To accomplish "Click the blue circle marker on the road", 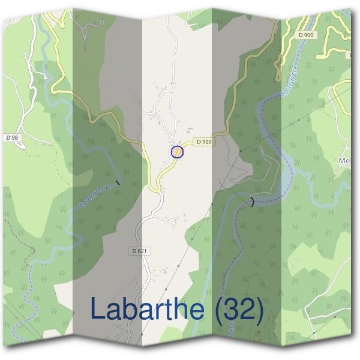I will click(x=177, y=152).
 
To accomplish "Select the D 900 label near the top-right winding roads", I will click(x=305, y=36).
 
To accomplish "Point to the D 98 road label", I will click(x=11, y=137).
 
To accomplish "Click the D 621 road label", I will click(x=137, y=250).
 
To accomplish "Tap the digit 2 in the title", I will click(x=248, y=309).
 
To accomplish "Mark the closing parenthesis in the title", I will click(x=259, y=310).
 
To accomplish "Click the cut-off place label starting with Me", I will click(x=345, y=160).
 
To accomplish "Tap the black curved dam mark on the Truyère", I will click(x=253, y=202).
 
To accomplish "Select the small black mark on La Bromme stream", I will click(x=118, y=182).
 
